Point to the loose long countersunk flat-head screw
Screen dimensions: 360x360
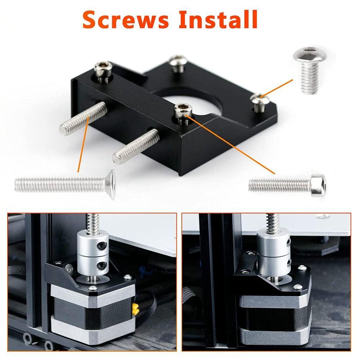coord(65,185)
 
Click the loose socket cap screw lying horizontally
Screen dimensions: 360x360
coord(288,184)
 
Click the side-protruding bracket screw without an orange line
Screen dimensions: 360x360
coord(135,145)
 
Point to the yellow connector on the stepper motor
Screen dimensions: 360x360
coord(136,309)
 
